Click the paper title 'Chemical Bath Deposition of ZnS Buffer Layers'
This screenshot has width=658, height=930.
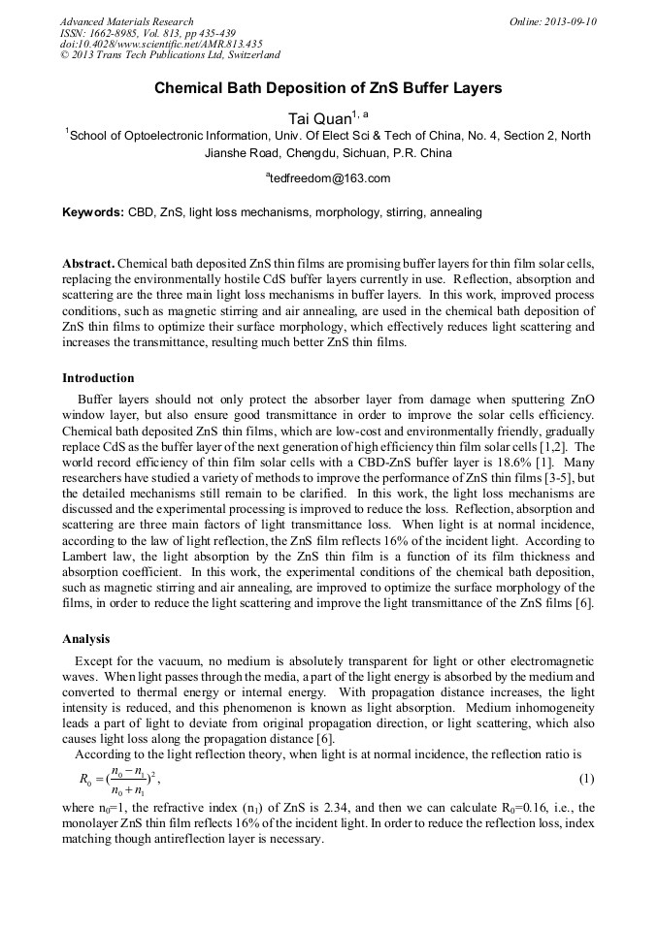pyautogui.click(x=328, y=88)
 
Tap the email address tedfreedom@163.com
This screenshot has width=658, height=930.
pyautogui.click(x=329, y=178)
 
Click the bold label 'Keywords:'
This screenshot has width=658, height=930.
pyautogui.click(x=93, y=211)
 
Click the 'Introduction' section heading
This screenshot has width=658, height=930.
pyautogui.click(x=98, y=377)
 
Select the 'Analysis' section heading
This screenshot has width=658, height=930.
pyautogui.click(x=86, y=640)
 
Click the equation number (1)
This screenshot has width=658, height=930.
pyautogui.click(x=586, y=779)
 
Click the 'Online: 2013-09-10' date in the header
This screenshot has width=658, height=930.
pyautogui.click(x=553, y=21)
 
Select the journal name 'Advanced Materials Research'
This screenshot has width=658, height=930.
pyautogui.click(x=126, y=21)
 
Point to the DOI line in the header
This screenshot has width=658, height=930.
pyautogui.click(x=160, y=45)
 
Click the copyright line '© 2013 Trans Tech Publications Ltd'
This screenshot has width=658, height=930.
pyautogui.click(x=170, y=55)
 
